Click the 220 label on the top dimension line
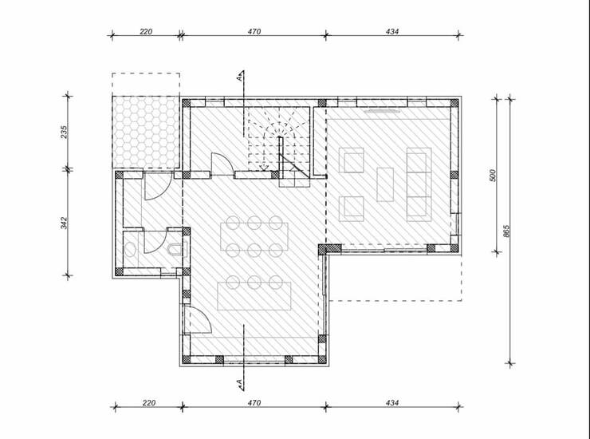(x=146, y=31)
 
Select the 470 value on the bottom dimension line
(x=254, y=403)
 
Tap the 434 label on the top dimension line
(x=391, y=31)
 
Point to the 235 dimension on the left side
(x=64, y=132)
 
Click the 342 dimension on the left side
(x=64, y=223)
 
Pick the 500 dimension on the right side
(x=493, y=176)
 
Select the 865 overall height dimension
(x=506, y=231)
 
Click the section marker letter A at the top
(x=239, y=78)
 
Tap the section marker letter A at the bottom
(x=239, y=382)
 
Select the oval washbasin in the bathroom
(x=130, y=250)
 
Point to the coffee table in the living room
(x=385, y=184)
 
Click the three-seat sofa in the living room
(x=419, y=184)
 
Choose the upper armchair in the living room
(x=352, y=160)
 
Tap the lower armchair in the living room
(x=352, y=209)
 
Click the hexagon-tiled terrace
(x=146, y=132)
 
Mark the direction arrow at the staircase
(x=264, y=166)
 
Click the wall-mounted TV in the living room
(x=382, y=111)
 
